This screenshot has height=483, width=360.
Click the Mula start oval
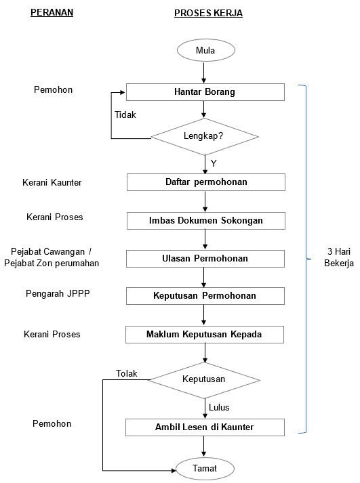coord(205,50)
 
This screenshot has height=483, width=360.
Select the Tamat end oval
coord(205,468)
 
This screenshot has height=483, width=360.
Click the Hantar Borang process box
coord(205,91)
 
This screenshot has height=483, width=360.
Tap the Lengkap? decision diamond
coord(204,136)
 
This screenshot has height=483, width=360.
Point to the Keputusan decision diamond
coord(204,379)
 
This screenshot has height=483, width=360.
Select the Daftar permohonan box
coord(205,182)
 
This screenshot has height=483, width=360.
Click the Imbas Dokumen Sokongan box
coord(205,220)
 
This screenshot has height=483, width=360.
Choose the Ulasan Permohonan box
coord(205,258)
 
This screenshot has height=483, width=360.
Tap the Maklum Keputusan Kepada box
coord(205,335)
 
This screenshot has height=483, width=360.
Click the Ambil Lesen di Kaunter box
coord(205,427)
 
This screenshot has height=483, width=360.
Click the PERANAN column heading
coord(52,13)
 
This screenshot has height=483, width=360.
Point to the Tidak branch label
coord(125,114)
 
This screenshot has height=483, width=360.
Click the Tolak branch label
coord(126,373)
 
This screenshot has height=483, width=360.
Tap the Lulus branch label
coord(219,407)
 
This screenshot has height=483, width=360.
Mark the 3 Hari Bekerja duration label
coord(338,257)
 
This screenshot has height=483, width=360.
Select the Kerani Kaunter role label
coord(52,182)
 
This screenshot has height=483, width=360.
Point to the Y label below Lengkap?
coord(214,163)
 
